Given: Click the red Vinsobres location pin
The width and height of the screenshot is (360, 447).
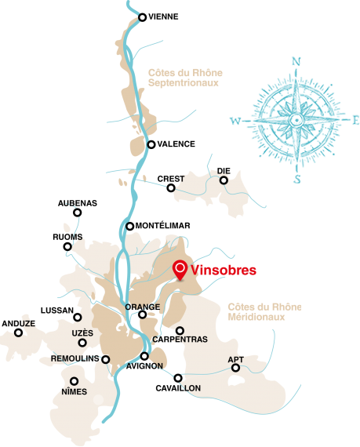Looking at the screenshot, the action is coord(180,270).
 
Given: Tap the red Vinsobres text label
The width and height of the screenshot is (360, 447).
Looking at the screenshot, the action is coord(224,271).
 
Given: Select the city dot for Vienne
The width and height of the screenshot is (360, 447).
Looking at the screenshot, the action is coord(142,16).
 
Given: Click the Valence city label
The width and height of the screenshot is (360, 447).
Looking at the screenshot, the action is coord(176,144).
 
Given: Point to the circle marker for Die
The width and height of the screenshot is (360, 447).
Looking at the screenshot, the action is coord(224,180).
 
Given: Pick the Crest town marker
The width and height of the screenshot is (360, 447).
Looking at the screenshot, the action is coord(171,187).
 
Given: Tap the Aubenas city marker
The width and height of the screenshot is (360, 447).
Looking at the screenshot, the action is coord(77,212).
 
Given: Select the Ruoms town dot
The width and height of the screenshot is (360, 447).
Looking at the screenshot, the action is coord(67,247).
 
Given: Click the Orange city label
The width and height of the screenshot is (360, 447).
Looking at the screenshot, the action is coord(143,307).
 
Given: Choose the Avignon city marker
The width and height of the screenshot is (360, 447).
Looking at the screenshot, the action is coord(144,356).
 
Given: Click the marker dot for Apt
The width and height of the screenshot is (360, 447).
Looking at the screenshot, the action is coord(235,367).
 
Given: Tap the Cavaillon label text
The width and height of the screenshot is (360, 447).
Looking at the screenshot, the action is coord(179,388).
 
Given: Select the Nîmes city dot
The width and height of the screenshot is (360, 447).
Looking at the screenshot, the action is coord(75,381).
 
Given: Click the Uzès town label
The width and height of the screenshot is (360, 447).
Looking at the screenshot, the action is coord(82,333).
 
